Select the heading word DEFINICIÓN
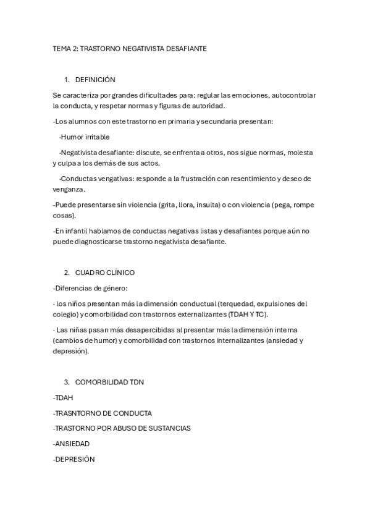(x=95, y=80)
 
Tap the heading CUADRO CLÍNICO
(x=105, y=273)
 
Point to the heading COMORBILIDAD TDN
(x=109, y=382)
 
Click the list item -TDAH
(x=64, y=397)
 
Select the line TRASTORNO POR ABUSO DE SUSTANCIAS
(x=122, y=428)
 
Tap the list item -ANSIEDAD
(x=72, y=444)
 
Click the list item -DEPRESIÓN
(x=74, y=459)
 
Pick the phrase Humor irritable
(x=85, y=137)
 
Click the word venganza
(x=69, y=189)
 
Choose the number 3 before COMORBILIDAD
(x=67, y=382)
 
